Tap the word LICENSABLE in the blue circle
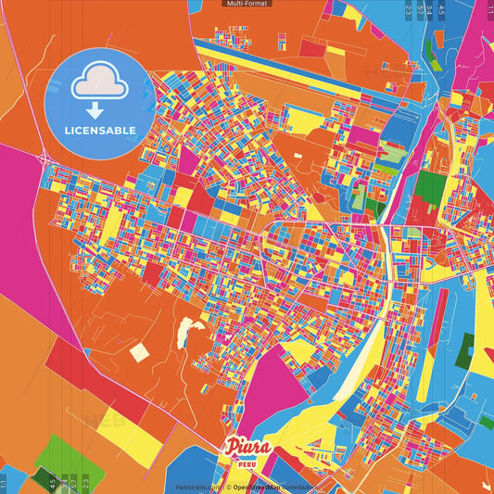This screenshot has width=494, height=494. (99, 131)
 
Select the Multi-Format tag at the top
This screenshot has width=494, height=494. (247, 4)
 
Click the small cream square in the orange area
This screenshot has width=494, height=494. (138, 352)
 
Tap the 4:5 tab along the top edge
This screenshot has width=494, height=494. (441, 11)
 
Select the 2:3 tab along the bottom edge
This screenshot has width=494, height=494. (86, 482)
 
